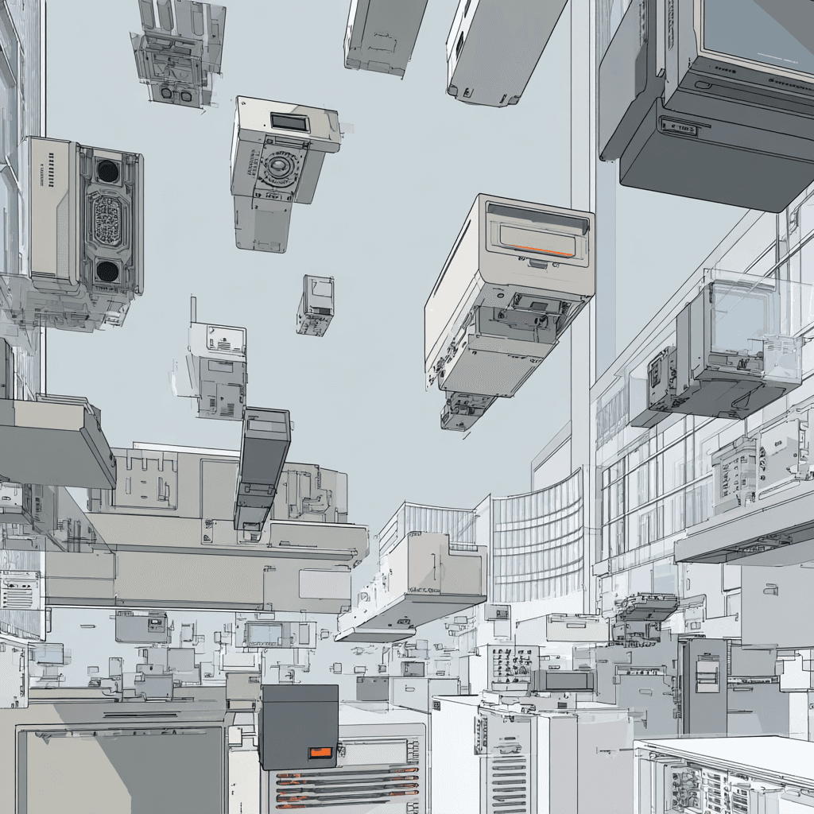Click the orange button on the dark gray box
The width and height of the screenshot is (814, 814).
pos(321,752)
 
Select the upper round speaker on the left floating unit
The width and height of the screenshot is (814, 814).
pos(107,170)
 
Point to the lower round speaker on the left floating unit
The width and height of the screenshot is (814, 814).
pos(107,271)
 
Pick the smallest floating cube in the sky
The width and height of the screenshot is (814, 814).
pos(316,305)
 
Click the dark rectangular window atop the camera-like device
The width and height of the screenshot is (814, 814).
pos(289,122)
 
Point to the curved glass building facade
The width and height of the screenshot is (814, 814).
pos(537,541)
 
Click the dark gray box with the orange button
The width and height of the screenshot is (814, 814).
pos(298,725)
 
